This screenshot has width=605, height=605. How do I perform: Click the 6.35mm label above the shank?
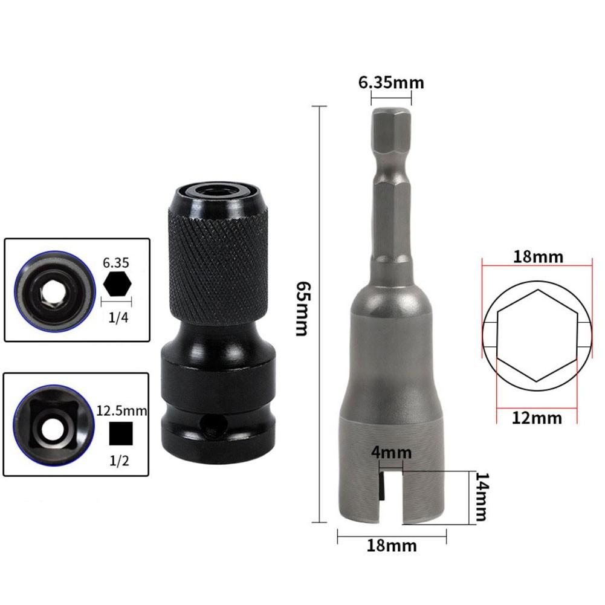pyautogui.click(x=391, y=82)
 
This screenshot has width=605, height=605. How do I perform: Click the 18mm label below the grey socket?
pyautogui.click(x=392, y=545)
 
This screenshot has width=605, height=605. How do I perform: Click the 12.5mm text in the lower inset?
pyautogui.click(x=122, y=412)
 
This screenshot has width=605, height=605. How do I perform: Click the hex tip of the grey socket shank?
pyautogui.click(x=391, y=130)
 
